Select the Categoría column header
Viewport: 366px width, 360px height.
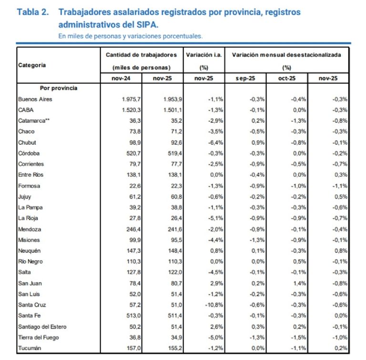point(32,66)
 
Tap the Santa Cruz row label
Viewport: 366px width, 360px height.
point(32,305)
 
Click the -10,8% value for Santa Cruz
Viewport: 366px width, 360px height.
point(213,305)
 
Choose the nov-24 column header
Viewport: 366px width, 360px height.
point(121,78)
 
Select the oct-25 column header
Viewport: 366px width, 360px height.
point(287,78)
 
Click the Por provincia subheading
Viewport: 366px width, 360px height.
point(59,88)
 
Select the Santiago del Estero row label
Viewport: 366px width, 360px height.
point(42,326)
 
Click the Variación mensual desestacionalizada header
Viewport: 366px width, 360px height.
point(286,55)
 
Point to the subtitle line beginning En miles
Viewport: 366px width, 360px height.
point(131,36)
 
